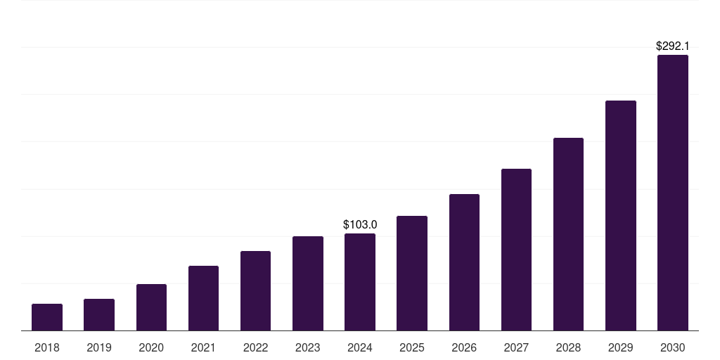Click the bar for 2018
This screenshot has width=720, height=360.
[x=47, y=317]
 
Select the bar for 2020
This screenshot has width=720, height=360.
[x=151, y=307]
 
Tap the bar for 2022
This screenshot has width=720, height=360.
[x=255, y=291]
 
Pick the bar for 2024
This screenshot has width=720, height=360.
[x=360, y=282]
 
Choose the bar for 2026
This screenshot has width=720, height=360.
[x=464, y=262]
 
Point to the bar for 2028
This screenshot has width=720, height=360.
[x=568, y=234]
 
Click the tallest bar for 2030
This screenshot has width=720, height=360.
[x=672, y=193]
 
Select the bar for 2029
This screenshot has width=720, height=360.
[x=620, y=216]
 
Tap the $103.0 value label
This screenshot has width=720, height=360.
[x=360, y=224]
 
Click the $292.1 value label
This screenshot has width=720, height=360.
[x=672, y=46]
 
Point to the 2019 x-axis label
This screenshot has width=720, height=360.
[x=99, y=347]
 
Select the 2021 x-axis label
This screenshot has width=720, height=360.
[x=203, y=347]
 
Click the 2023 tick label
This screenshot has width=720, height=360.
[x=307, y=347]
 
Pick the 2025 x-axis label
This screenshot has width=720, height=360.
[x=412, y=347]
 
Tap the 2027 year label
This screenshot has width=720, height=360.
[x=516, y=347]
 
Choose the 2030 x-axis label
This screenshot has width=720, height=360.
[x=672, y=347]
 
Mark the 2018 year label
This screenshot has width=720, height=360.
[x=47, y=347]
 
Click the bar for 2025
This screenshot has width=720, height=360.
[x=412, y=273]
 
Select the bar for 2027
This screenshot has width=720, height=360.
[x=516, y=250]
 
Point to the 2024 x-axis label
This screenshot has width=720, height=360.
[x=360, y=347]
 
